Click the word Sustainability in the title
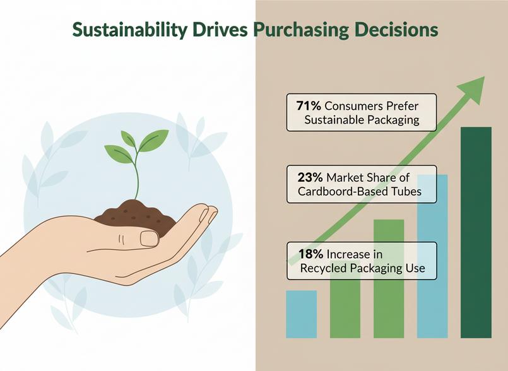(x=129, y=30)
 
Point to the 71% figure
(x=309, y=105)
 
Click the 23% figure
(x=310, y=177)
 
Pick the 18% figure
(x=310, y=254)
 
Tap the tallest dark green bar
(x=476, y=232)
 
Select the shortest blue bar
(x=301, y=314)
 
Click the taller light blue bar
(x=432, y=256)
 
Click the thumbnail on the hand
(x=150, y=238)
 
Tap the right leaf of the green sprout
(x=153, y=140)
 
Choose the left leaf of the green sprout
(x=119, y=154)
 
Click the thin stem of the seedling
(x=137, y=175)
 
